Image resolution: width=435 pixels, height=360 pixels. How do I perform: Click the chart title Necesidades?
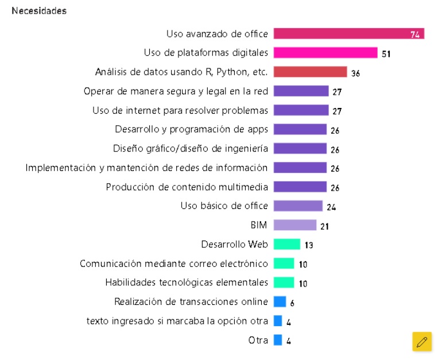pos(39,11)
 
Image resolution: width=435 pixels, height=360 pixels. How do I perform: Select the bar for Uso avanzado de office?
pos(348,34)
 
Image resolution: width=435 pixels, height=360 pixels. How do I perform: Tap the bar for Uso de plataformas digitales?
pos(325,53)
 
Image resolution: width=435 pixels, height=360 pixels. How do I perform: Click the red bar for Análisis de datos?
pos(310,72)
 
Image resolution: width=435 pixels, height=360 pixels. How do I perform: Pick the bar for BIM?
pos(294,225)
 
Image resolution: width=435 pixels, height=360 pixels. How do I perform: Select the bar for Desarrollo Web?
pos(286,244)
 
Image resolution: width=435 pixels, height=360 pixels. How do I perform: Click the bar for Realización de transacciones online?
pos(279,301)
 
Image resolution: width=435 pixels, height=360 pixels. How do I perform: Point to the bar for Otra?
pos(278,340)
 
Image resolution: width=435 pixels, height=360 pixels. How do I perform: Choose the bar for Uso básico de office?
pos(298,206)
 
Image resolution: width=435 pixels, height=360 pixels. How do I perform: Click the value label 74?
pos(415,35)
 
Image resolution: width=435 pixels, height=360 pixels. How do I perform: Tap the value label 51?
pos(386,54)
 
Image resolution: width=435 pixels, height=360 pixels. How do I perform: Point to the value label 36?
pos(355,73)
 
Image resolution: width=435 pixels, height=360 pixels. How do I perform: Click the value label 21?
pos(325,226)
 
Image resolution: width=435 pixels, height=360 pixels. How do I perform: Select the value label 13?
pos(309,245)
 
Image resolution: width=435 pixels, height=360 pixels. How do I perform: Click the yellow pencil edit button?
pos(422,341)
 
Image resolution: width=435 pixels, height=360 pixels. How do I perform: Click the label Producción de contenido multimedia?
pos(187,187)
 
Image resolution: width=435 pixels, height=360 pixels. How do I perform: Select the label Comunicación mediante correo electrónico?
pos(174,264)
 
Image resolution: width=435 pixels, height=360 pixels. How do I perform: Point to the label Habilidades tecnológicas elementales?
pos(187,282)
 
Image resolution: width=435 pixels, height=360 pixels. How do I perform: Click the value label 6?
pos(292,303)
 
